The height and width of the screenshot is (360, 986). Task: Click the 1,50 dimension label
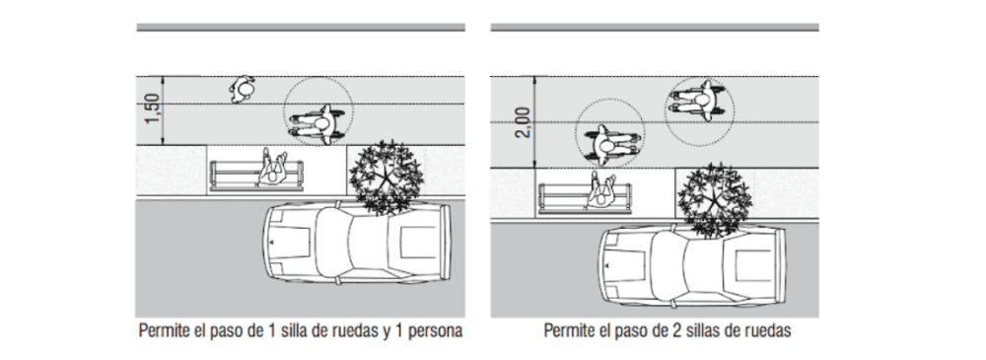[152, 108]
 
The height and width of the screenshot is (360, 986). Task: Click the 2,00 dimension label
[523, 122]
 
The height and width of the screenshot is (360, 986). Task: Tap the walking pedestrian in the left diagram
[243, 90]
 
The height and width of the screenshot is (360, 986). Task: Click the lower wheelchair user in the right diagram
[609, 144]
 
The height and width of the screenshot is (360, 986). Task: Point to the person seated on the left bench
[273, 168]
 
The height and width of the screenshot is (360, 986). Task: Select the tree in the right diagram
[714, 200]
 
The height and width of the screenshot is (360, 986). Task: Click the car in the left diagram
[357, 243]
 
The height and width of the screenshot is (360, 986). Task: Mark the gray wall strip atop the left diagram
[301, 27]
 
